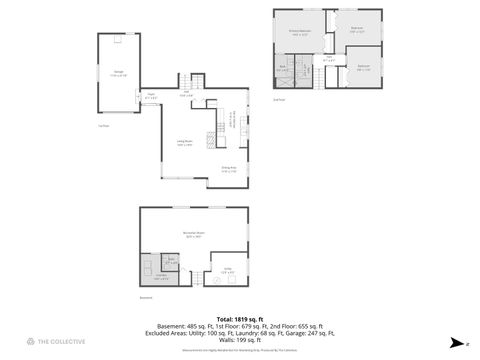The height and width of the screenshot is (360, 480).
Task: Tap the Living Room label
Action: (x=184, y=144)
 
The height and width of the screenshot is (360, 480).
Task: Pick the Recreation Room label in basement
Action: (x=194, y=236)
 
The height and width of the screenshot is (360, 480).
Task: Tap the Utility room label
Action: (x=228, y=270)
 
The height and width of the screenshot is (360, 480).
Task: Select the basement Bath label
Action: (x=171, y=263)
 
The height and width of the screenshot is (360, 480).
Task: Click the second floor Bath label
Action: (x=284, y=69)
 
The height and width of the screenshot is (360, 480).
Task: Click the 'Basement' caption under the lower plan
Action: (x=146, y=297)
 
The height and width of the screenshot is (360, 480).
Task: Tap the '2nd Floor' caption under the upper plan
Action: (x=279, y=99)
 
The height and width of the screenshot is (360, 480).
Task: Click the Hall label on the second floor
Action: (x=328, y=58)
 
